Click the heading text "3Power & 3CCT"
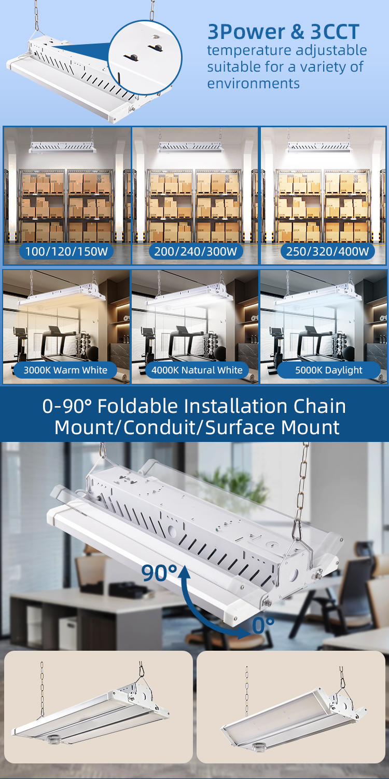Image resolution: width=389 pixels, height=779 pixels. (283, 32)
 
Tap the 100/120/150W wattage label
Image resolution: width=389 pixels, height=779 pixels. (67, 251)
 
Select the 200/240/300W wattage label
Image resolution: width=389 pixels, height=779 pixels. (196, 251)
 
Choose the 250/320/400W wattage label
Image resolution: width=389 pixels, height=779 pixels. (327, 251)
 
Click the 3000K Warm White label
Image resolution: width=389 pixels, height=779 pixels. (65, 370)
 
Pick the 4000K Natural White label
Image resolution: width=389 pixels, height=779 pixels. (197, 370)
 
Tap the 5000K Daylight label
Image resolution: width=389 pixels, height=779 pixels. (328, 370)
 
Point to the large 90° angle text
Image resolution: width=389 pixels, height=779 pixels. (159, 573)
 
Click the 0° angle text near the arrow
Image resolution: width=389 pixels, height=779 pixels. (263, 625)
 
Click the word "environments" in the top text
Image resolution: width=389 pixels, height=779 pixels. (254, 84)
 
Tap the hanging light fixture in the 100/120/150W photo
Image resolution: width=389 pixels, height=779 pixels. (63, 147)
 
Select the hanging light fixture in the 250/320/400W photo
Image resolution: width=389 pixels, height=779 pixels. (319, 147)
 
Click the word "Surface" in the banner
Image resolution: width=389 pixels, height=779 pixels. (241, 427)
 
